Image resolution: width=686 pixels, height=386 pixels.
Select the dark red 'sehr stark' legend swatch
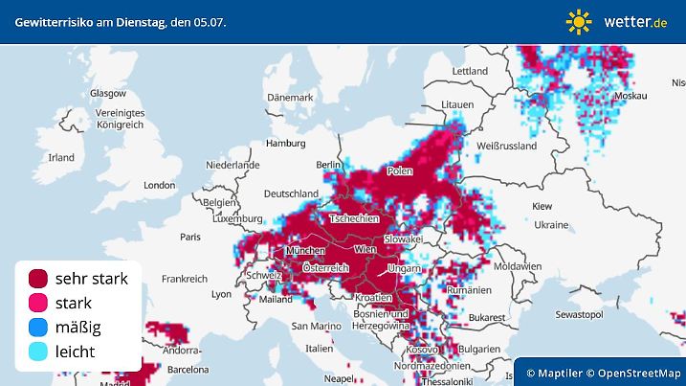point(38,279)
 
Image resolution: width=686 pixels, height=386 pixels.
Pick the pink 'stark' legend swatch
point(38,303)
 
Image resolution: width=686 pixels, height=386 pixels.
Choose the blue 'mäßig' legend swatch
point(38,328)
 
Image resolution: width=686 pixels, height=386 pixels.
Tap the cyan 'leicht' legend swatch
point(38,352)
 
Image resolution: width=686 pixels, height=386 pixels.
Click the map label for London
point(159,185)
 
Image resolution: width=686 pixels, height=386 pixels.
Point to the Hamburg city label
point(285,144)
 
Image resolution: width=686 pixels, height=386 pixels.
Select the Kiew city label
point(542,206)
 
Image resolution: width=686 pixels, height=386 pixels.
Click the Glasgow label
point(107,93)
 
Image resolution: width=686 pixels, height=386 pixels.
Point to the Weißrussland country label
point(507,146)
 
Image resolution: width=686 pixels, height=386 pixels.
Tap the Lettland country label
point(470,71)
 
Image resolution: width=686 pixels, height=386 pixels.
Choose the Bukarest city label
point(487,314)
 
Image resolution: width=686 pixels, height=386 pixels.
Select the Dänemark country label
point(290,98)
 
